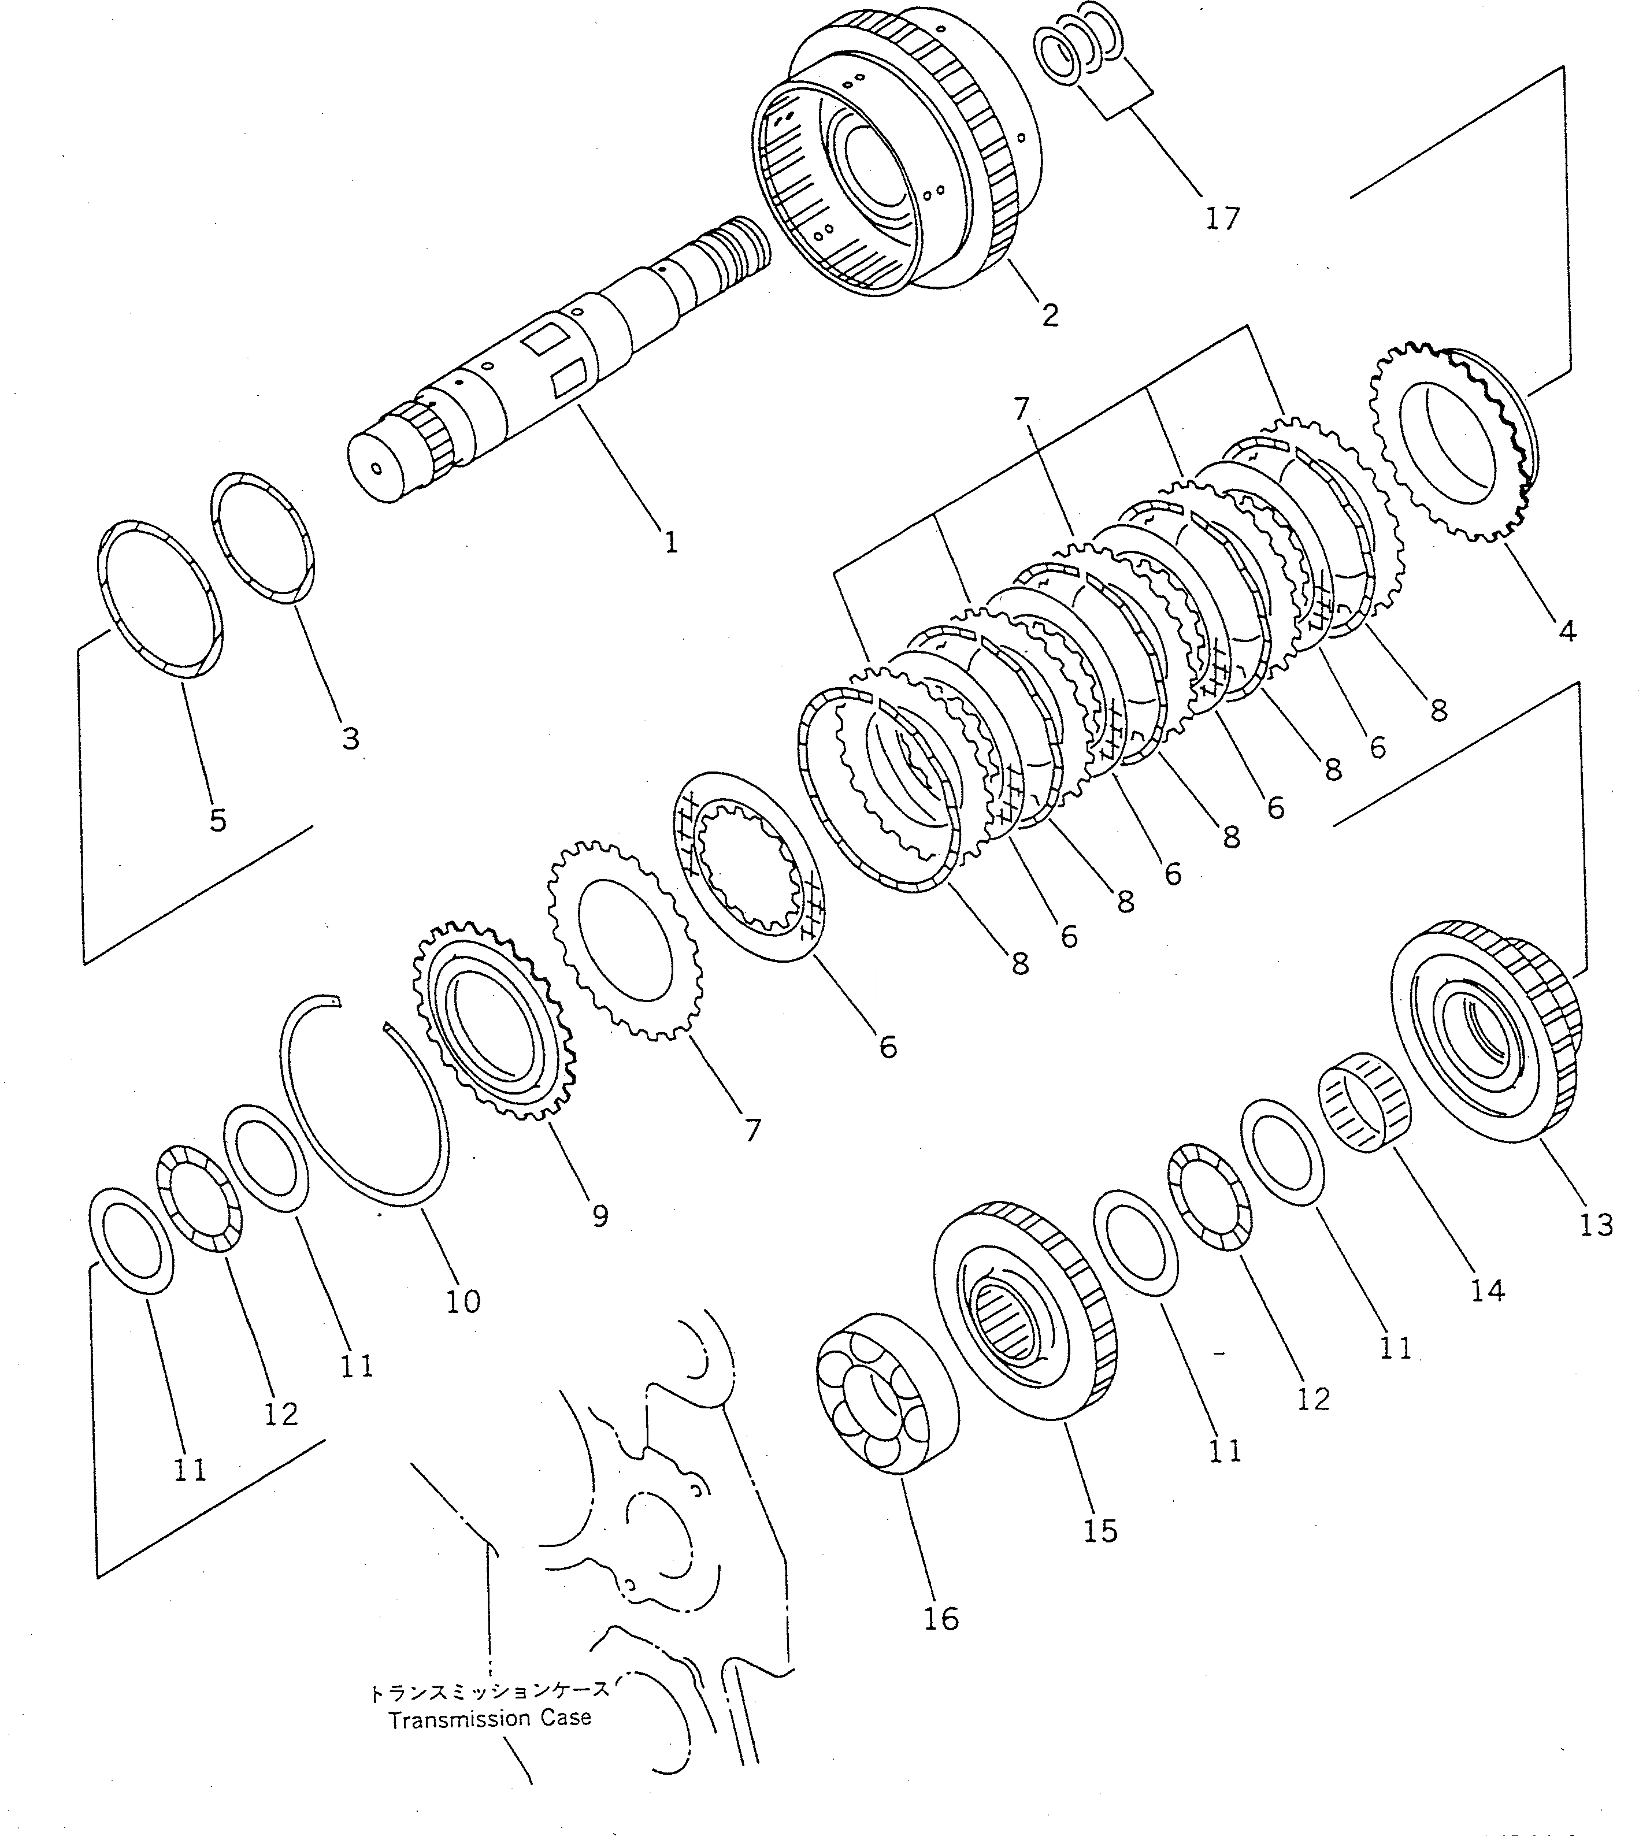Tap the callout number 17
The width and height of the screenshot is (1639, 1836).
click(x=1222, y=219)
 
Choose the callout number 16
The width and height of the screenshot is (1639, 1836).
click(x=941, y=1619)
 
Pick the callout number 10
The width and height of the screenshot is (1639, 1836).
click(x=463, y=1301)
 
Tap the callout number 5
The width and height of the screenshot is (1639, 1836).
click(x=218, y=819)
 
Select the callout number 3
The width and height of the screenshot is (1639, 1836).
click(x=350, y=739)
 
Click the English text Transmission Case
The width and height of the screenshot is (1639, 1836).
click(x=490, y=1719)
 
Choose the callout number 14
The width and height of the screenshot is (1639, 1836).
click(x=1488, y=1291)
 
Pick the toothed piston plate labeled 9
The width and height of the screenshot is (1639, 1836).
click(x=494, y=1018)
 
